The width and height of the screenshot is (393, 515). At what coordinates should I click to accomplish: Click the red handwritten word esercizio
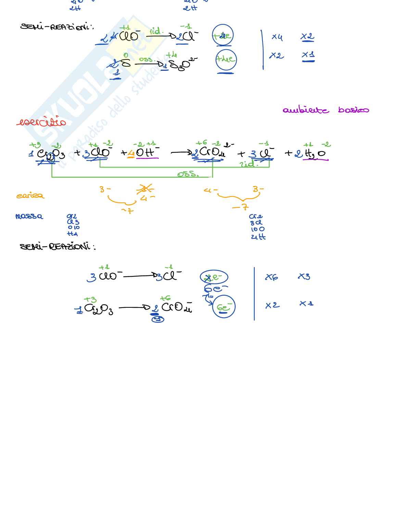tap(41, 122)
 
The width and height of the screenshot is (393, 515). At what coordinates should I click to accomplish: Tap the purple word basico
tap(353, 110)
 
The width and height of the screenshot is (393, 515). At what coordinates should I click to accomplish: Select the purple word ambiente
tap(306, 110)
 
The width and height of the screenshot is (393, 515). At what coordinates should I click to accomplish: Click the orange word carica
tap(30, 196)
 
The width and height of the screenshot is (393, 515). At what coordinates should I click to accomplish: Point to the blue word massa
tap(29, 216)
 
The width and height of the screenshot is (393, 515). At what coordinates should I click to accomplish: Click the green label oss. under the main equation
tap(188, 174)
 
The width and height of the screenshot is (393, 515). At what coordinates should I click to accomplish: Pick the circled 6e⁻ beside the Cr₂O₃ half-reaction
tap(224, 307)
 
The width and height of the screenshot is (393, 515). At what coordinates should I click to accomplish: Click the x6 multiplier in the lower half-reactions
tap(271, 277)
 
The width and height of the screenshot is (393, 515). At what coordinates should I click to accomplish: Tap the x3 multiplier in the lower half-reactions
tap(304, 276)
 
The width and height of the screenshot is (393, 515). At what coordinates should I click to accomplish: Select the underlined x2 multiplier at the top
tap(307, 37)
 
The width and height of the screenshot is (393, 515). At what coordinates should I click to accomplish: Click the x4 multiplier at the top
tap(277, 37)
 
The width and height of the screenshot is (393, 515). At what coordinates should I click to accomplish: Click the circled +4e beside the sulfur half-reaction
tap(226, 59)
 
